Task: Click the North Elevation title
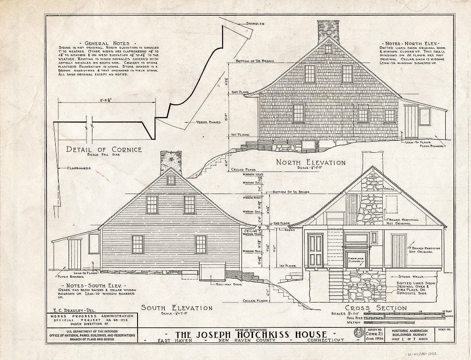tap(311, 162)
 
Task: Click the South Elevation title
tap(170, 308)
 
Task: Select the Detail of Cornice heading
tap(104, 149)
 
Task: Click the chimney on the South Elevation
tap(170, 162)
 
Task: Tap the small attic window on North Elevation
tap(328, 49)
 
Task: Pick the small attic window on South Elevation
tap(171, 180)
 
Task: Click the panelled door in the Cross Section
tap(316, 250)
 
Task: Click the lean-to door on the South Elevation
tap(75, 254)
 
